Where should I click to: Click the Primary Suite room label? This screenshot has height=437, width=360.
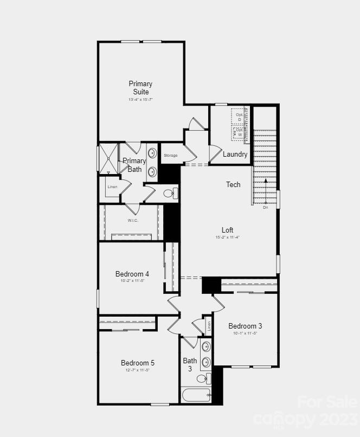(x=140, y=88)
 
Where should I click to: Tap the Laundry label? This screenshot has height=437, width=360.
(x=235, y=155)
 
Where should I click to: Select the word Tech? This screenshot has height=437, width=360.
(x=233, y=185)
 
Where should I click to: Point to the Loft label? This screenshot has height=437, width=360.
(x=227, y=230)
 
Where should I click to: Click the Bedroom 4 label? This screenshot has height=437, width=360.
(x=132, y=274)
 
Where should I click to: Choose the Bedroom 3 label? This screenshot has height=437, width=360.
(x=245, y=326)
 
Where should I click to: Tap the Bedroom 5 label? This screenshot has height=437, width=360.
(x=138, y=363)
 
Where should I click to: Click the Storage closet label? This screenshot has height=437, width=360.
(x=170, y=156)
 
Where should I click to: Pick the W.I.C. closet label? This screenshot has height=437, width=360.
(x=133, y=221)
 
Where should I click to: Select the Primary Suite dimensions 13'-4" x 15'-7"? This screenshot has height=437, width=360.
(x=140, y=100)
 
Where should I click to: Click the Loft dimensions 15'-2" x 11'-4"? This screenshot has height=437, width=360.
(x=227, y=237)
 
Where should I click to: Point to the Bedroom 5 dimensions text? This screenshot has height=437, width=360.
(x=138, y=370)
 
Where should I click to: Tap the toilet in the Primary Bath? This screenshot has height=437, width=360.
(x=170, y=193)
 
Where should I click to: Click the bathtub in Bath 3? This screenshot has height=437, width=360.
(x=196, y=395)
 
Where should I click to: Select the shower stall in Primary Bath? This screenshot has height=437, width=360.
(x=108, y=158)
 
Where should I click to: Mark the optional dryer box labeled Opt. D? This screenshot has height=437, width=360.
(x=239, y=117)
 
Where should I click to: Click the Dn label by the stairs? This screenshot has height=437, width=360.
(x=266, y=208)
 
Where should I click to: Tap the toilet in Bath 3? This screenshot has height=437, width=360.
(x=203, y=378)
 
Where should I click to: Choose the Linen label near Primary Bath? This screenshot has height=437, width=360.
(x=112, y=187)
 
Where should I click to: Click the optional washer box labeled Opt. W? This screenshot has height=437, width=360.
(x=239, y=133)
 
